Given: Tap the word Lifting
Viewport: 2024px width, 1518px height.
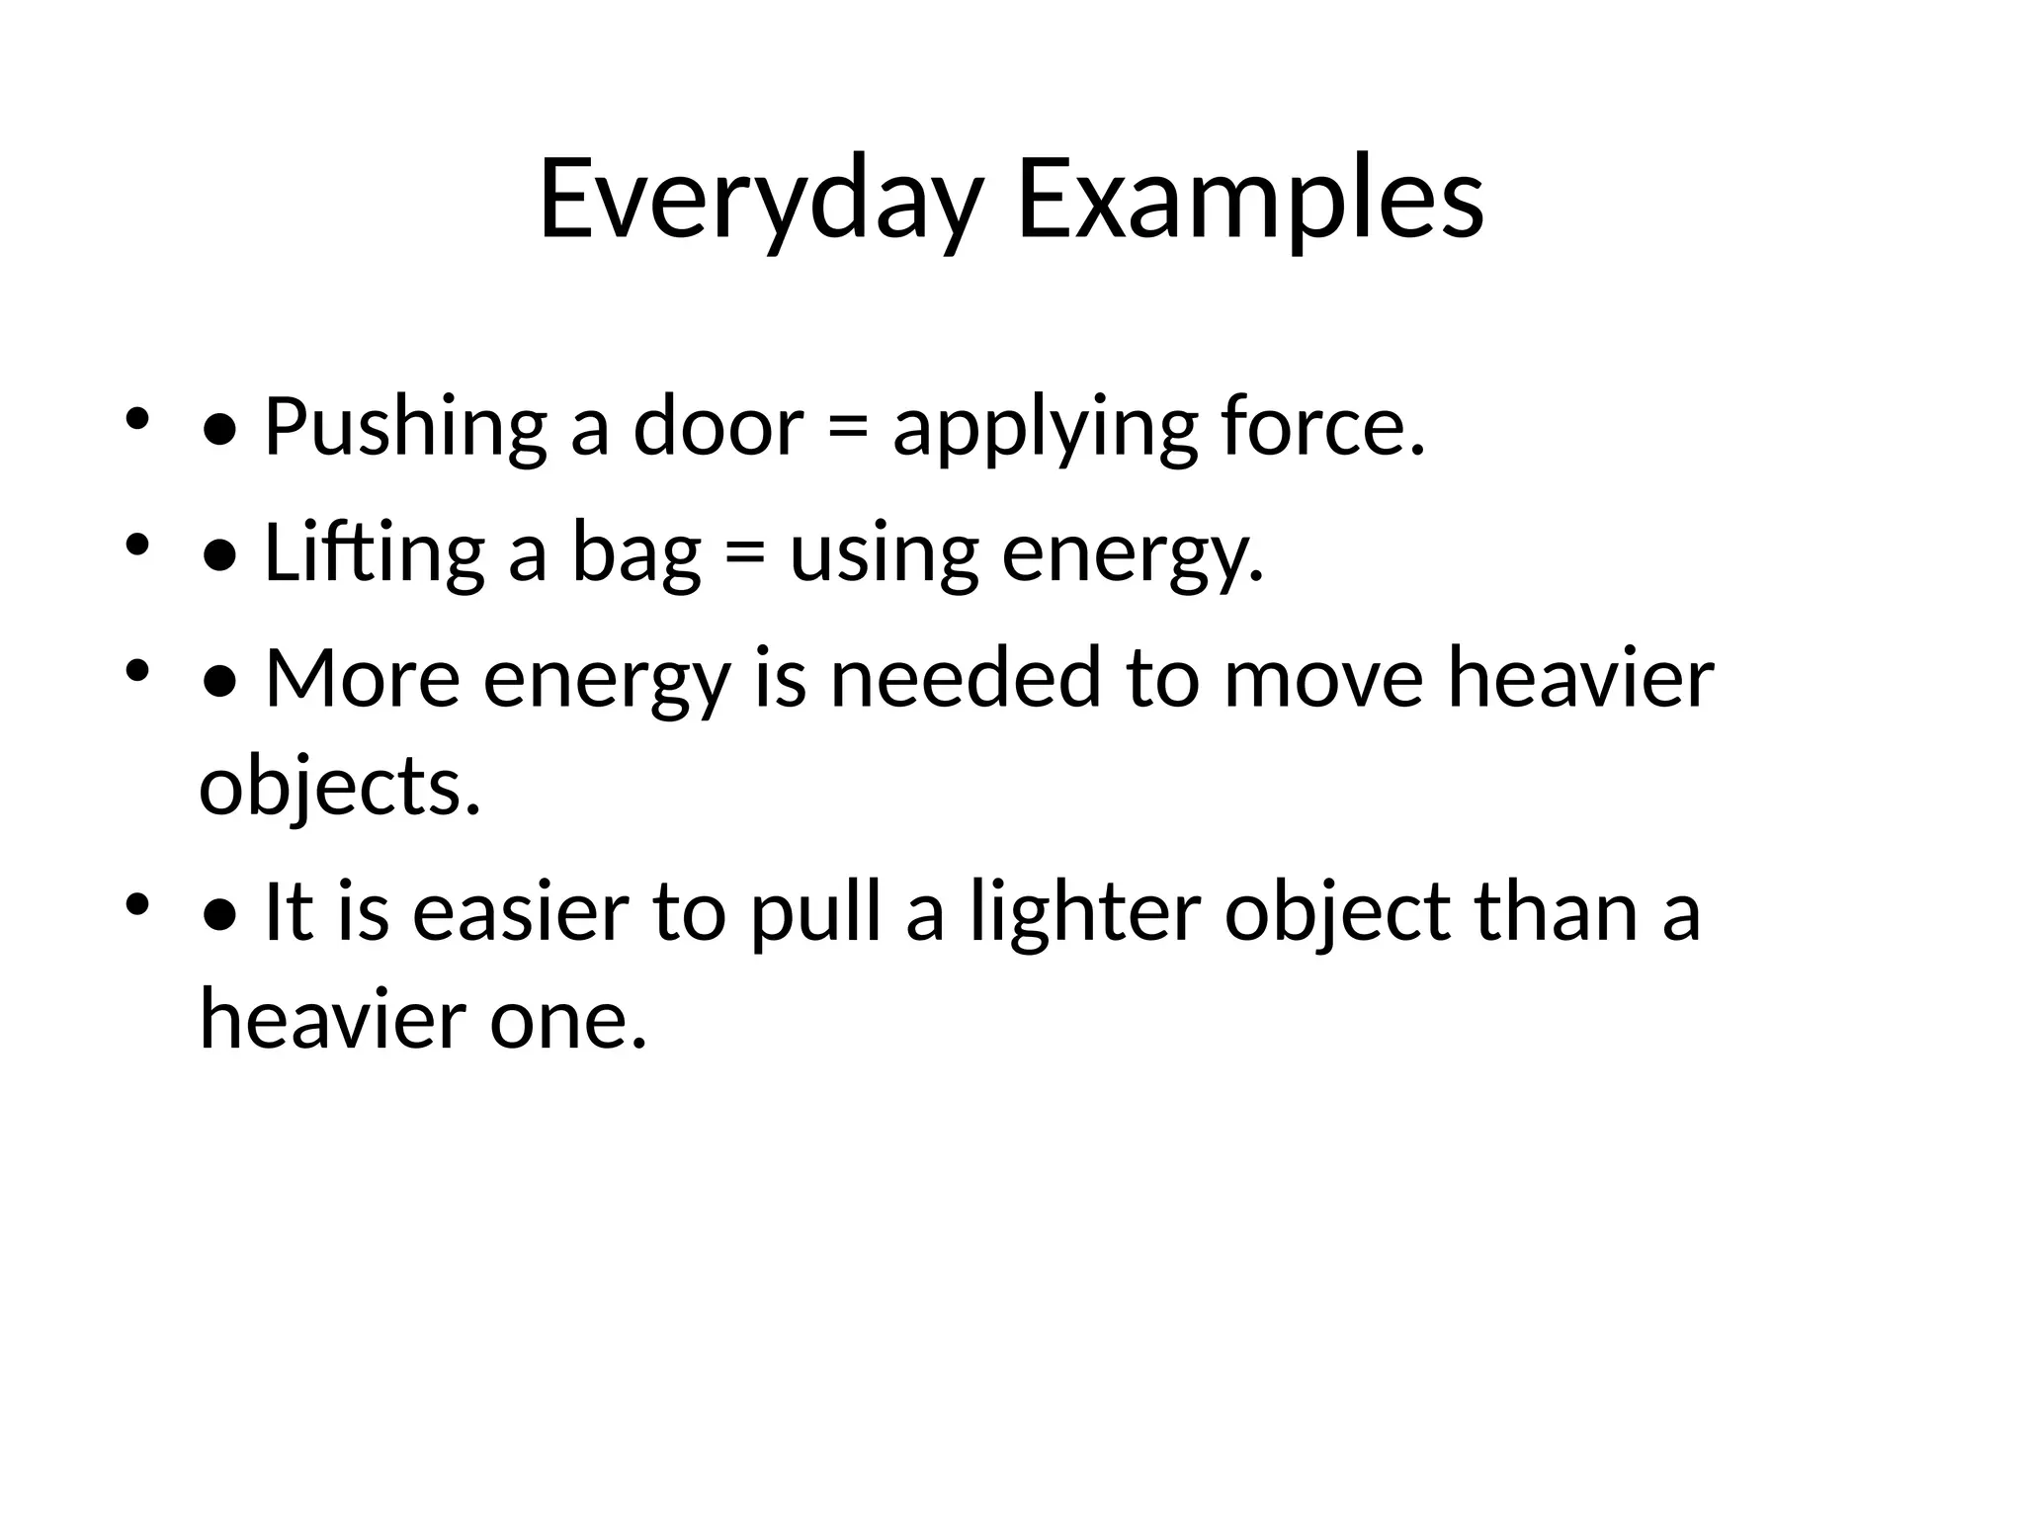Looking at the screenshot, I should coord(374,553).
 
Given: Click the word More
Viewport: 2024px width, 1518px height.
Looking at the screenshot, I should coord(362,679).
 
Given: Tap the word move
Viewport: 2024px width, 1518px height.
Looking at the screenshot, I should coord(1323,679).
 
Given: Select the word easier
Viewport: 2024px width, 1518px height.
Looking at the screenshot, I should coord(521,911).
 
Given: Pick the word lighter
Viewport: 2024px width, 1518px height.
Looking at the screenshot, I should coord(1084,911).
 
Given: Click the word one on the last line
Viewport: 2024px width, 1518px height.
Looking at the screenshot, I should coord(567,1020).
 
